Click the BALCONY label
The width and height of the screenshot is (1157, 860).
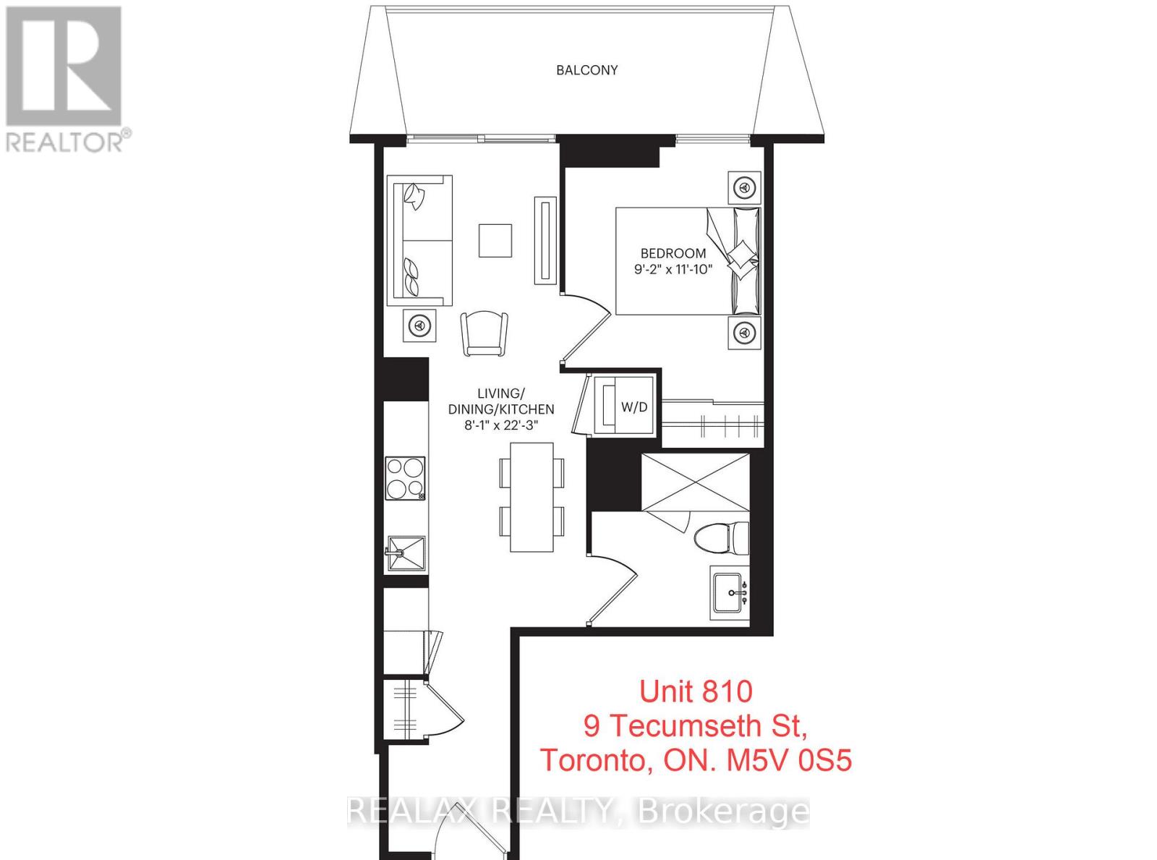[x=586, y=70]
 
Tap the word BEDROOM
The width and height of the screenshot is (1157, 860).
[x=673, y=254]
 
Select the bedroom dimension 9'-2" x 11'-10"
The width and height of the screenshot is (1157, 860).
[x=673, y=270]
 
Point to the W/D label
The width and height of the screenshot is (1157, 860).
[x=633, y=406]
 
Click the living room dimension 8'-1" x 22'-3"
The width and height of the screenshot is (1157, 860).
[x=500, y=425]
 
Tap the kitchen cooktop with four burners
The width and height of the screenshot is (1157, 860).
[x=405, y=478]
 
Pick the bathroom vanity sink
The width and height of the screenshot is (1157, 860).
[x=729, y=593]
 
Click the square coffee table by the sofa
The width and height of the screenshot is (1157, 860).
[x=495, y=241]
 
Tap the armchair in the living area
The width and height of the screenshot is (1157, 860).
[x=484, y=333]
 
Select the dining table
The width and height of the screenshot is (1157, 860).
[x=531, y=497]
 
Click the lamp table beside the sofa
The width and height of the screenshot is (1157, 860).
[x=419, y=325]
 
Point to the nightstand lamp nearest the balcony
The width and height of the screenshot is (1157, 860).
[x=744, y=187]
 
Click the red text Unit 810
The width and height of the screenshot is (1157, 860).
[x=696, y=692]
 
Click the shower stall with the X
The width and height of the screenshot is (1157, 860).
[x=696, y=482]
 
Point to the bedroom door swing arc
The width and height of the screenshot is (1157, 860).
[x=587, y=330]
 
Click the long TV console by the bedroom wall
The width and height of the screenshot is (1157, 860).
[x=546, y=241]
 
